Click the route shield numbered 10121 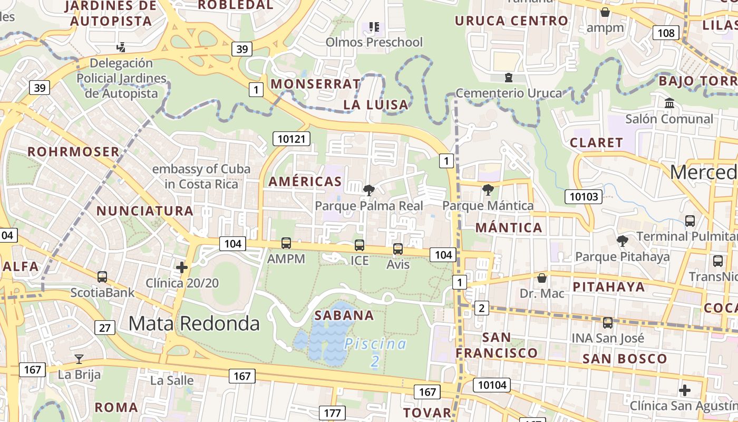click(292, 139)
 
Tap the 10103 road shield click(584, 197)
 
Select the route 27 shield click(105, 328)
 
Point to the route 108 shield click(666, 33)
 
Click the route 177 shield click(332, 413)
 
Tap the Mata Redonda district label click(194, 323)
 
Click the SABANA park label click(344, 315)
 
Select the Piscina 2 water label click(375, 352)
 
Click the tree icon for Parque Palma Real click(369, 190)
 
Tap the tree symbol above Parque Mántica click(488, 189)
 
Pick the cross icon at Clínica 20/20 click(182, 267)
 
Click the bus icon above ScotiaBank click(102, 276)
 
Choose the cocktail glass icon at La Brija click(79, 359)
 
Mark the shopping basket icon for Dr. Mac click(541, 278)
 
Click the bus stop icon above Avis click(398, 248)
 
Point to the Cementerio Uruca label click(509, 93)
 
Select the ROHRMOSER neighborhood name click(73, 152)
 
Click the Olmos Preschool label click(374, 42)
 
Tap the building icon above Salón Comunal click(669, 103)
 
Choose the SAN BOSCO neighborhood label click(625, 359)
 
